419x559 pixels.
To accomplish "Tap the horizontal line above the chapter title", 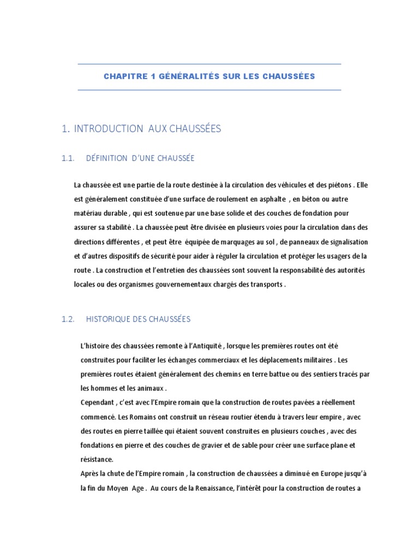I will (x=209, y=64).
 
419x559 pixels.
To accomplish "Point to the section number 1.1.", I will (x=68, y=158).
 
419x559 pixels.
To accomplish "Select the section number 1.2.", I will (x=68, y=319).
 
